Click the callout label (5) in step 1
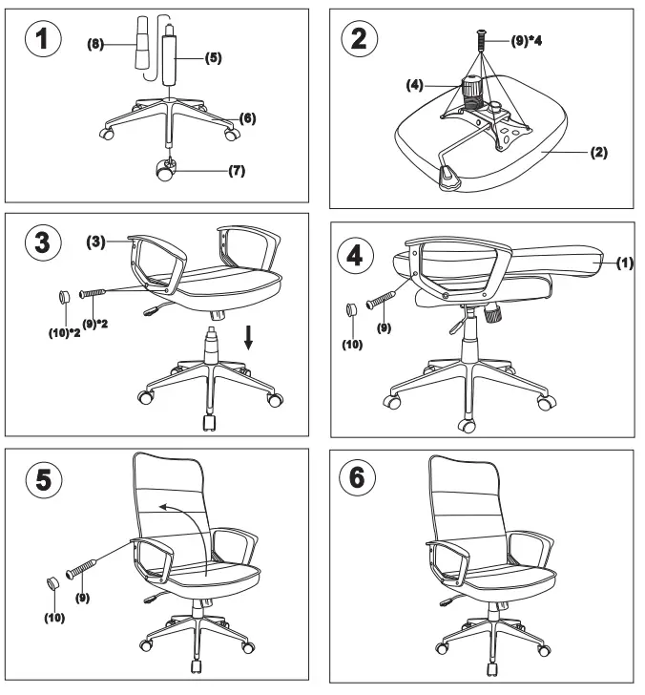(213, 58)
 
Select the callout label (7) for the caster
(238, 172)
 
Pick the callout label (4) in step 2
(414, 86)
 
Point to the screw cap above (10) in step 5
(53, 582)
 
